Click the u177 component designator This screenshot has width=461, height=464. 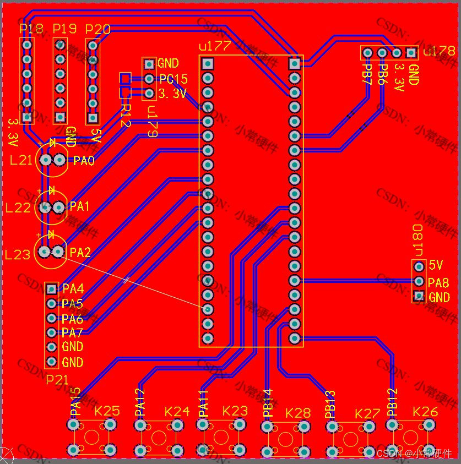pos(214,46)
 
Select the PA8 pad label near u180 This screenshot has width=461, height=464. pos(438,283)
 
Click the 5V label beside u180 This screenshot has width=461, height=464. pos(436,265)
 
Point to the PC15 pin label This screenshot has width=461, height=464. pos(173,79)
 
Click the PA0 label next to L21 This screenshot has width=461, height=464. pos(84,161)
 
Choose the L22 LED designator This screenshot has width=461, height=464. pos(18,208)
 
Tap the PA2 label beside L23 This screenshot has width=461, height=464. pos(80,253)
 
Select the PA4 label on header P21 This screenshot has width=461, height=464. pos(73,288)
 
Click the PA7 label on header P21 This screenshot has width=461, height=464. pos(72,332)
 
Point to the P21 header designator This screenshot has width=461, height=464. pos(57,379)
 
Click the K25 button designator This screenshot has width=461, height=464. pos(107,411)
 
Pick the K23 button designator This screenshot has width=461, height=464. pos(235,411)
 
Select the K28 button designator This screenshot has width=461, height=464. pos(298,413)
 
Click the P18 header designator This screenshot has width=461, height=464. pos(31,29)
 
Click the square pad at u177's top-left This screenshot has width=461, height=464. pos(207,63)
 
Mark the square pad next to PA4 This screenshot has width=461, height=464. pos(51,288)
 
